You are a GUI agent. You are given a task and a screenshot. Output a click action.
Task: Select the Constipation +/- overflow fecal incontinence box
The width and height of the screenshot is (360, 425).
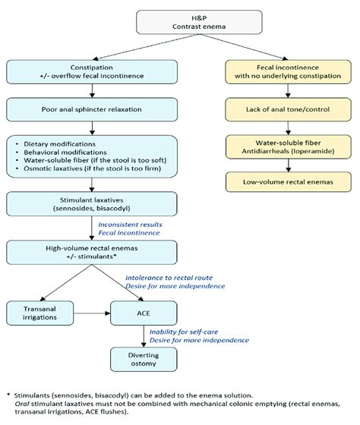[92, 72]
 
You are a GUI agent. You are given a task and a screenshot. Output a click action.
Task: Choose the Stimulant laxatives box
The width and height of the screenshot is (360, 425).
[92, 203]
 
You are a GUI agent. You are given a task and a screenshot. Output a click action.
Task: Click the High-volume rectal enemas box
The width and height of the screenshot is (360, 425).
[92, 252]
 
